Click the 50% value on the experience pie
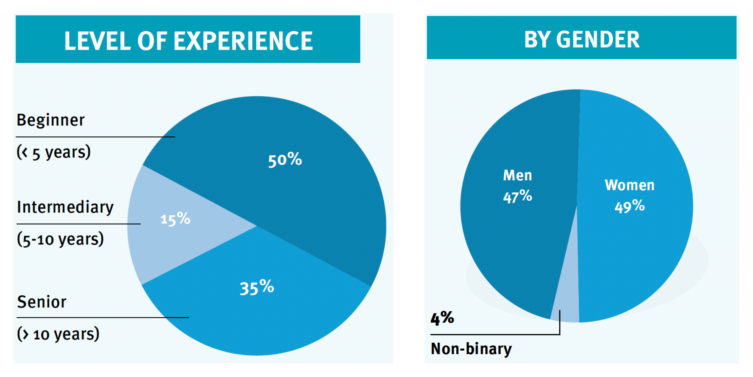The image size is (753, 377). pos(285,160)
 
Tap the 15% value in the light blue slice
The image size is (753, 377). pos(175,219)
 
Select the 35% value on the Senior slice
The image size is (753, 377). pos(257,287)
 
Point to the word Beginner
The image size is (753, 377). pos(51,120)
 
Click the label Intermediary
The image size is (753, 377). pos(65,207)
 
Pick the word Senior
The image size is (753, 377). pos(42,302)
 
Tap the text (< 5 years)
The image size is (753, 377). pos(54,152)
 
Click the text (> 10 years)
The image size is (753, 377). pos(58,334)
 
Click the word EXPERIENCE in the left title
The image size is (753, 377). pos(243,41)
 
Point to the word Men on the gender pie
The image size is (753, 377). pos(518,175)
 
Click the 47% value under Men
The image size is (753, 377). pos(518,196)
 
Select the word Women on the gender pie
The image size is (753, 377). pos(629,185)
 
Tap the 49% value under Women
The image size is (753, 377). pos(629,206)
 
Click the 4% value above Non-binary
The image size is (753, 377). pos(442,318)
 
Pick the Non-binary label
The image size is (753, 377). pos(471,349)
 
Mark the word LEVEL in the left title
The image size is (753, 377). pos(97,41)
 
